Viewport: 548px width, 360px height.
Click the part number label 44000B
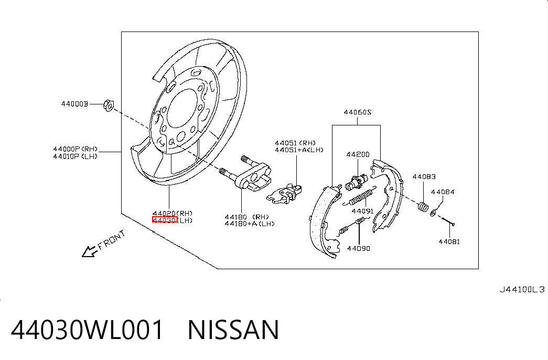[x=74, y=104]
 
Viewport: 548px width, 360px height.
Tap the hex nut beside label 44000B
[x=108, y=105]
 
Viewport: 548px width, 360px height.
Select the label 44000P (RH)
[x=75, y=149]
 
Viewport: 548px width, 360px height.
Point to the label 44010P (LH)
[x=75, y=156]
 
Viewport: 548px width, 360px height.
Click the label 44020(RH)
[x=173, y=213]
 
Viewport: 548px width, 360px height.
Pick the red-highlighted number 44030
[x=165, y=220]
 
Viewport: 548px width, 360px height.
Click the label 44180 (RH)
[x=247, y=217]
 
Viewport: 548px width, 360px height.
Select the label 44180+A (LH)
[x=250, y=224]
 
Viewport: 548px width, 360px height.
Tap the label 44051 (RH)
[x=295, y=143]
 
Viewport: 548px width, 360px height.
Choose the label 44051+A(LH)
[x=299, y=150]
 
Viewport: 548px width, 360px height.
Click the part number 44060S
[x=357, y=112]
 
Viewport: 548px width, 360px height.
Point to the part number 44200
[x=358, y=154]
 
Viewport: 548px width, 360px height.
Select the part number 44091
[x=362, y=211]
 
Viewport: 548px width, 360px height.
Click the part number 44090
[x=358, y=248]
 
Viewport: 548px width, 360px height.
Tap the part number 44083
[x=424, y=177]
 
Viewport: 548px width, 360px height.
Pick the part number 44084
[x=443, y=192]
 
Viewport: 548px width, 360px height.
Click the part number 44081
[x=449, y=241]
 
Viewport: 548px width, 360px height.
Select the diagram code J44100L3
[x=522, y=289]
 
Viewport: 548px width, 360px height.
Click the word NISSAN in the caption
[x=233, y=330]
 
